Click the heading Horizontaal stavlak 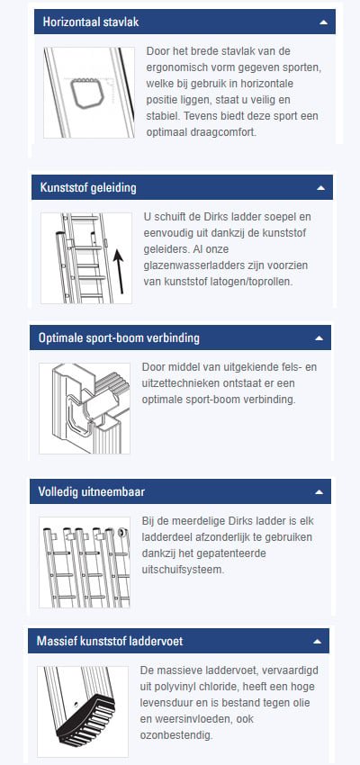pos(90,22)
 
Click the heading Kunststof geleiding pos(88,187)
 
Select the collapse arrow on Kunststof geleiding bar pos(320,188)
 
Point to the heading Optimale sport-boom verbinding pos(119,338)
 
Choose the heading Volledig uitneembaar pos(92,492)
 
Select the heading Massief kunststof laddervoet pos(111,642)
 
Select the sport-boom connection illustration pos(85,408)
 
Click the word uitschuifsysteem pos(187,570)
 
